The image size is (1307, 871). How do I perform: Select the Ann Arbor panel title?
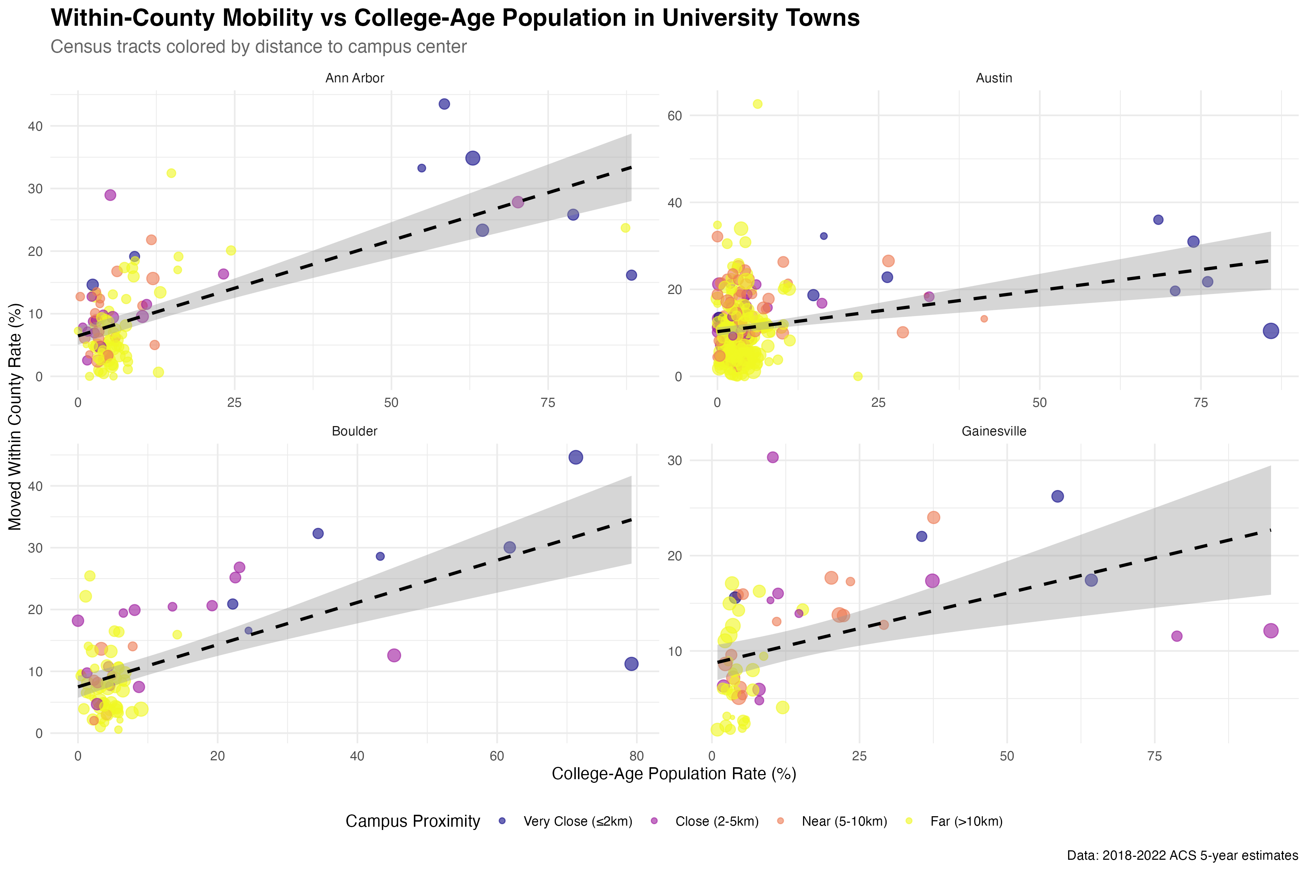[x=355, y=78]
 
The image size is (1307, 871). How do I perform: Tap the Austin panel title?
[x=994, y=78]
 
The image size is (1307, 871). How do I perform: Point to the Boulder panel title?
[x=355, y=431]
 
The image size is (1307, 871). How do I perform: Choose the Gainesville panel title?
[x=994, y=431]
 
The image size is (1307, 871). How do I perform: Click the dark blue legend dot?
[x=502, y=821]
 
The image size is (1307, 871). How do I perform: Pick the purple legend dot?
[x=654, y=821]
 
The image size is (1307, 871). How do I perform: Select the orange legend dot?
[x=780, y=821]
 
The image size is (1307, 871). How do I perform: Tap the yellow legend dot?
[x=909, y=821]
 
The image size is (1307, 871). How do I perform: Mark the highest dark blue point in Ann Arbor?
[x=444, y=104]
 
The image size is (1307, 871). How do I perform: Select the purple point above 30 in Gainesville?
[x=773, y=457]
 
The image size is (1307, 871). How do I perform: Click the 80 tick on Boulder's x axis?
[x=636, y=756]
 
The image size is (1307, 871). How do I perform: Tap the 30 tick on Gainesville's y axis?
[x=675, y=461]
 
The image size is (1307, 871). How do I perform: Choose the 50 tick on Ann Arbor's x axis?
[x=391, y=403]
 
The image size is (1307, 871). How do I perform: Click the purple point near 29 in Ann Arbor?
[x=110, y=195]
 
